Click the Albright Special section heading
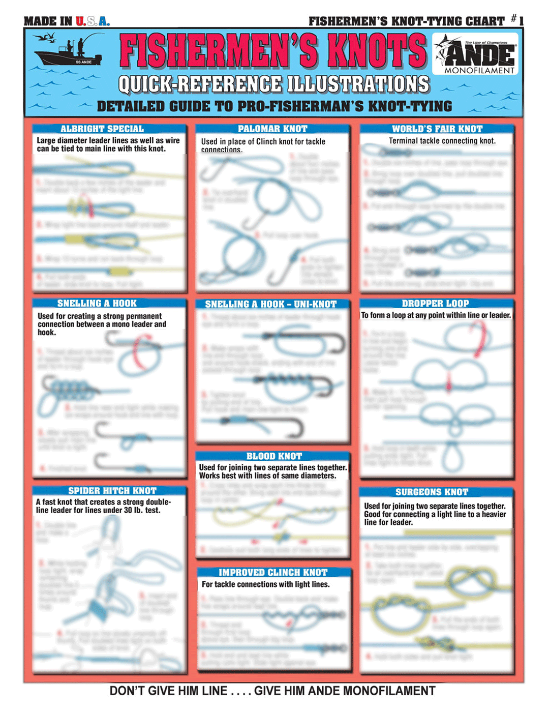point(102,129)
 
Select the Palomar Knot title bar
point(272,129)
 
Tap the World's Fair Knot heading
point(437,129)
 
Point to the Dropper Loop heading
point(435,304)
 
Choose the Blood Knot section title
point(274,457)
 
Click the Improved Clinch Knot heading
point(273,573)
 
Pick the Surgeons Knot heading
point(432,492)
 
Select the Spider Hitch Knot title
point(112,491)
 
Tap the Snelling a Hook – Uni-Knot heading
point(270,305)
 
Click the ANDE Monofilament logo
point(475,54)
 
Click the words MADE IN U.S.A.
point(67,21)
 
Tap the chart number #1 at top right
point(517,20)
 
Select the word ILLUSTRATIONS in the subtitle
point(358,84)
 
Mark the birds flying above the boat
point(45,37)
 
